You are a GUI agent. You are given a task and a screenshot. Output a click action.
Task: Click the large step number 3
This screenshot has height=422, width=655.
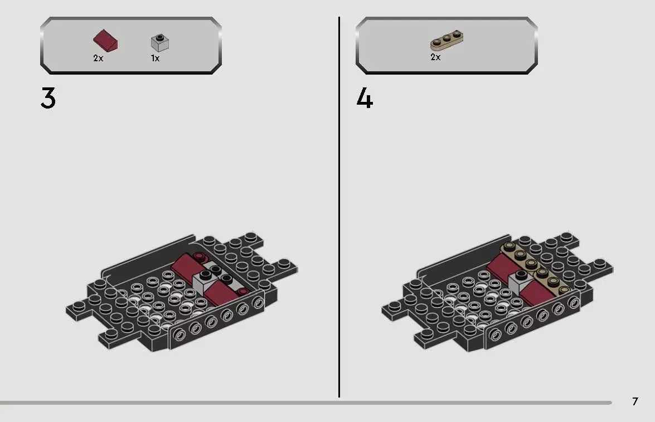click(48, 99)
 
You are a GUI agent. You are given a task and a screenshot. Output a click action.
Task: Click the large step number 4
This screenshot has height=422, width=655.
click(365, 99)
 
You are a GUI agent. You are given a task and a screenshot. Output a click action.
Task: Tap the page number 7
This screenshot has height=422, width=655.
click(635, 401)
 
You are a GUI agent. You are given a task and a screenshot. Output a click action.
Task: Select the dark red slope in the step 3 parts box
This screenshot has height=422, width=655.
click(105, 41)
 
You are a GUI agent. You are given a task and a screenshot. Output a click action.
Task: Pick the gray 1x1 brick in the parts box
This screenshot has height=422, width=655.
click(160, 42)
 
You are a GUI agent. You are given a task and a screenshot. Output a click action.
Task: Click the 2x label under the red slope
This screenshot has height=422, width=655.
click(98, 58)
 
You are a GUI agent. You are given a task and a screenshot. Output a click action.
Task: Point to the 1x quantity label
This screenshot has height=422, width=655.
click(155, 58)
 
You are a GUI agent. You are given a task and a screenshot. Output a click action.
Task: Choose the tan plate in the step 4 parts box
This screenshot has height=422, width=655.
click(447, 41)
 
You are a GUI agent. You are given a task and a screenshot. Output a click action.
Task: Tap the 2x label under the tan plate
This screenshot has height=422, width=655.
click(435, 57)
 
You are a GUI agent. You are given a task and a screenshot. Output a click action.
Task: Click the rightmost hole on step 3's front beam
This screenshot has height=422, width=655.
click(258, 303)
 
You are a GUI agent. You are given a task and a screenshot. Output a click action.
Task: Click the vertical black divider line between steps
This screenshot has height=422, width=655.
click(339, 206)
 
